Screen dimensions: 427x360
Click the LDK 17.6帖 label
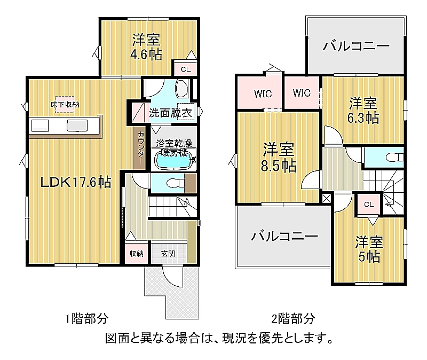coord(76,182)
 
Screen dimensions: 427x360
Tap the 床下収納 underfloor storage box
coord(65,104)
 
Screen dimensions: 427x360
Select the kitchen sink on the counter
coord(77,126)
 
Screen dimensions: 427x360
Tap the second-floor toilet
coord(394,157)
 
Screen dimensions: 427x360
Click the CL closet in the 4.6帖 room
coord(186,69)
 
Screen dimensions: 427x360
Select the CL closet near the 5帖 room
coord(369,205)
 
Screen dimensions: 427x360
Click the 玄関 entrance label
coord(168,254)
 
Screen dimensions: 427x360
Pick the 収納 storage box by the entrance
coord(136,254)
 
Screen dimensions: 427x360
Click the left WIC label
coord(263,94)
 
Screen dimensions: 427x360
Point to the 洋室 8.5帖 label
coord(278,157)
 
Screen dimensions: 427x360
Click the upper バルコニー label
coord(356,46)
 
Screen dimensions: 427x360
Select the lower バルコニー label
coord(284,236)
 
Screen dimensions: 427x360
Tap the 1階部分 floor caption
coord(86,318)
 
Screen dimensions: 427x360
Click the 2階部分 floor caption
coord(293,318)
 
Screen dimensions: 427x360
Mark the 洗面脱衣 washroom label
coord(170,113)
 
